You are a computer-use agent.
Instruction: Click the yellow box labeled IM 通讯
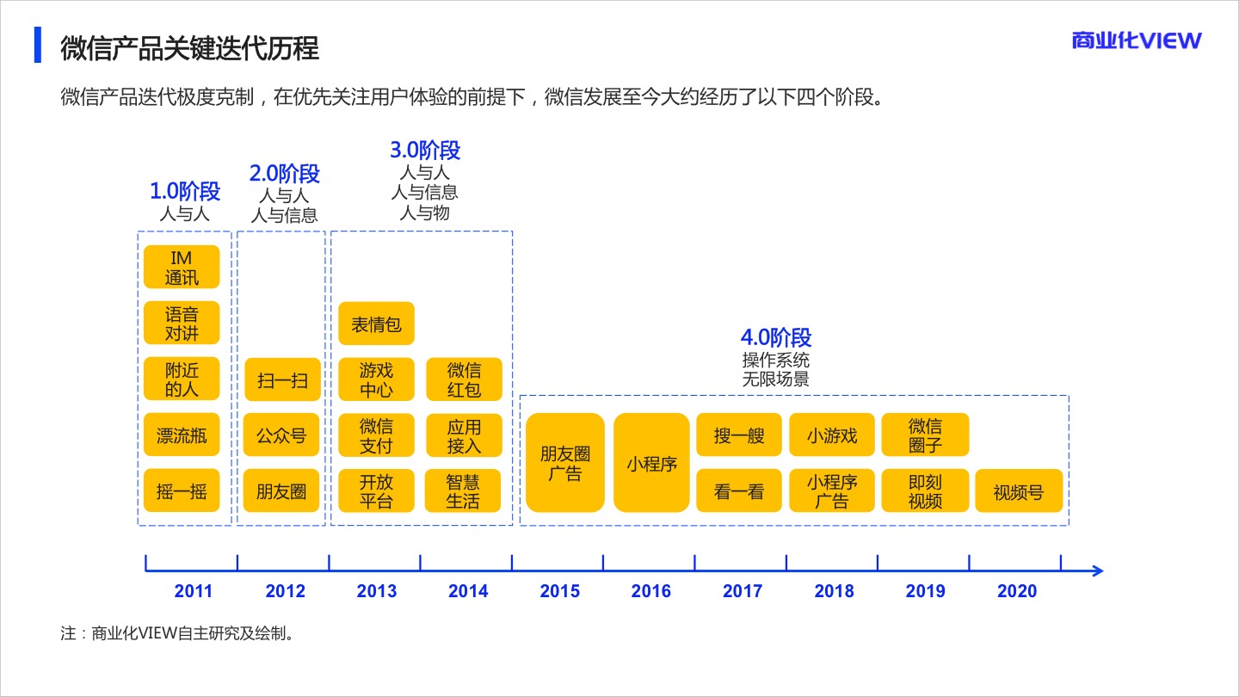pos(182,268)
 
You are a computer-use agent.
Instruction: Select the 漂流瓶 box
pos(182,436)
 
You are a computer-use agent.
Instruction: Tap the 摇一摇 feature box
pos(182,492)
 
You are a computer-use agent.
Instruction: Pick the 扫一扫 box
pos(281,379)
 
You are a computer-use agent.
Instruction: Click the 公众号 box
pos(281,436)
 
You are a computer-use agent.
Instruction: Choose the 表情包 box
pos(376,324)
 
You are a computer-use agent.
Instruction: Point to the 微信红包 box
pos(464,379)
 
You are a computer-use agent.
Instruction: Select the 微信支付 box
pos(376,436)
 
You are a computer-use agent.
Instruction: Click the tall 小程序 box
pos(651,464)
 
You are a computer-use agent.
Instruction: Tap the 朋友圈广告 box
pos(564,464)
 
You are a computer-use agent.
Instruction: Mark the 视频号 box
pos(1019,492)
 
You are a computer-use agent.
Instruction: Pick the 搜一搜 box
pos(739,435)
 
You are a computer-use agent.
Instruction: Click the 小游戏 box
pos(832,435)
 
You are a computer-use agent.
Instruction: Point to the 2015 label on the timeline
pos(560,591)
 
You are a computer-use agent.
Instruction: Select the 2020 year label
pos(1017,591)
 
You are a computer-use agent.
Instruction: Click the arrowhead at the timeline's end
pos(1096,571)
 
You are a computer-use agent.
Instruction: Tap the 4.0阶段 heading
pos(776,337)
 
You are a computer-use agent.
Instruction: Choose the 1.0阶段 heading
pos(185,191)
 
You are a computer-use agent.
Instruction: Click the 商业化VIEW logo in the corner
pos(1136,40)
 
